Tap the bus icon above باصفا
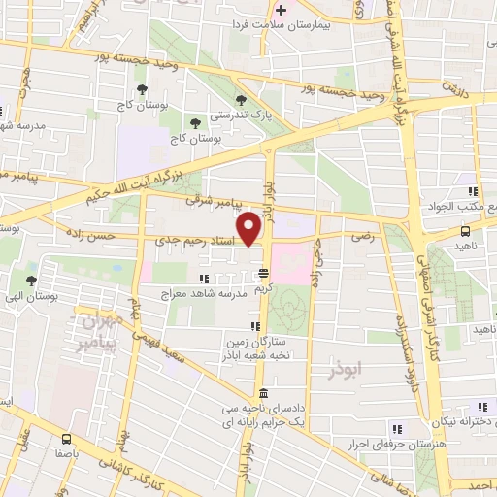click(x=66, y=439)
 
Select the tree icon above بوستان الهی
click(x=32, y=280)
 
